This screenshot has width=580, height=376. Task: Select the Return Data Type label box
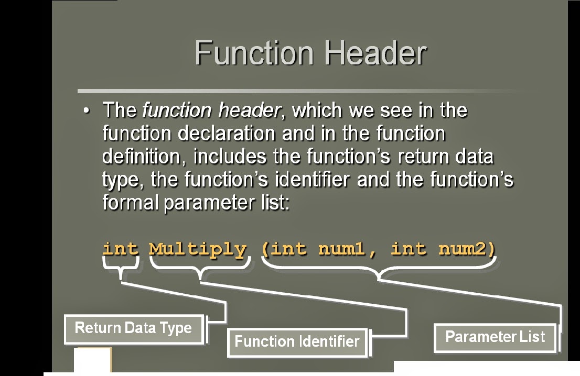click(134, 328)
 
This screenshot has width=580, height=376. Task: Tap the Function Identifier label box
click(297, 341)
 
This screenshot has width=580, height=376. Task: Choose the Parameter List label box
click(495, 336)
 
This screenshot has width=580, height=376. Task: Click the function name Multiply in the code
click(198, 248)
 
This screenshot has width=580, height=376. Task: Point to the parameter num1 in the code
click(344, 248)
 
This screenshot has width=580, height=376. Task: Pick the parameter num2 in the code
click(463, 248)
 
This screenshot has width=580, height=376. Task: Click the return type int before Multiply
click(120, 248)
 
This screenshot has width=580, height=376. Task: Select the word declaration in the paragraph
click(226, 134)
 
